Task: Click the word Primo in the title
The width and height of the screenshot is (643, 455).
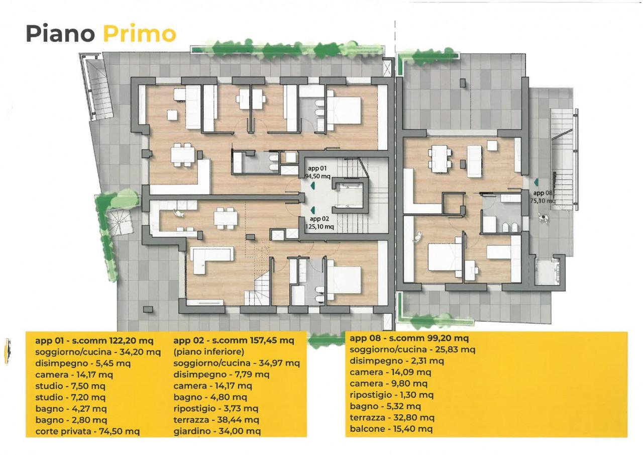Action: click(140, 34)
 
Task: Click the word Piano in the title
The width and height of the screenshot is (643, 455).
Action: click(61, 34)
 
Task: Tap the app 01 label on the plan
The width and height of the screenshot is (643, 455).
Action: click(317, 168)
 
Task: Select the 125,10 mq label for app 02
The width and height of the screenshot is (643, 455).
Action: click(319, 227)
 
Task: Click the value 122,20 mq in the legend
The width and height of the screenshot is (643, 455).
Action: click(132, 341)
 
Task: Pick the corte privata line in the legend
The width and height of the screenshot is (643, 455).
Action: click(87, 431)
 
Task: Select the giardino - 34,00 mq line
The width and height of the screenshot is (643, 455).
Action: click(217, 431)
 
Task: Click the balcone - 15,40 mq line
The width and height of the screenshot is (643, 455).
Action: click(391, 429)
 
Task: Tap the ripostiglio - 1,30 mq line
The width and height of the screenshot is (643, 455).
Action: click(391, 395)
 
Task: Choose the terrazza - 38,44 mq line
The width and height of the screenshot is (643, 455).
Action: click(216, 420)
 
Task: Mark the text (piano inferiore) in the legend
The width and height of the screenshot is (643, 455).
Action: click(208, 351)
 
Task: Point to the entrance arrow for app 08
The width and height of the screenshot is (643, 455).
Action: click(535, 182)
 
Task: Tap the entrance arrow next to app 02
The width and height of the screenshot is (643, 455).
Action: click(312, 211)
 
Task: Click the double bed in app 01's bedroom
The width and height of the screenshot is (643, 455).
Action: click(344, 111)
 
